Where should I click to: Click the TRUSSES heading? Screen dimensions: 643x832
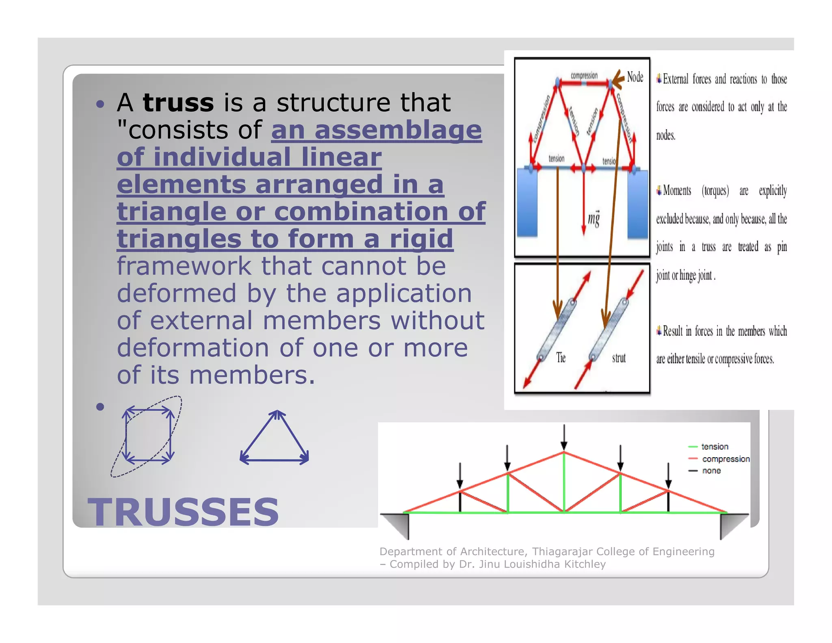(x=183, y=512)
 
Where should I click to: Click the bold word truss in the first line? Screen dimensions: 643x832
(x=178, y=102)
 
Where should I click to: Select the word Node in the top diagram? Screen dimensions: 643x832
(x=635, y=77)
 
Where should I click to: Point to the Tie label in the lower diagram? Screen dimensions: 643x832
(x=561, y=358)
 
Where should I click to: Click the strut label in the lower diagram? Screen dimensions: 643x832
(x=619, y=358)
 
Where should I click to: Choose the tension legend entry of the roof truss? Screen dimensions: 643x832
(x=715, y=447)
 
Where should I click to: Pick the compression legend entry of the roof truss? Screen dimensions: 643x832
(x=726, y=459)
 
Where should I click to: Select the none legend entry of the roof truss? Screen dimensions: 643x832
(x=711, y=471)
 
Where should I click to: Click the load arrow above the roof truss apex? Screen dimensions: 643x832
(x=564, y=437)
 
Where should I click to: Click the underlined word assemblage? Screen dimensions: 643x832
(x=398, y=130)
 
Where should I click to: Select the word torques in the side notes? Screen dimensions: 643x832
(x=715, y=191)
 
